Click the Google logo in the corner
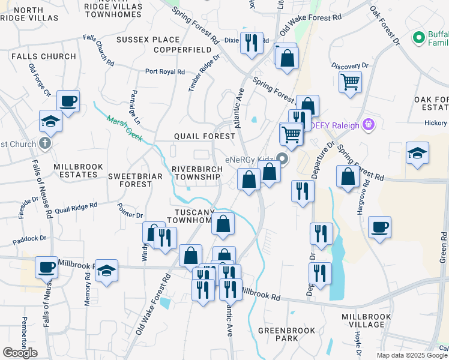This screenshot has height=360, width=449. point(20,353)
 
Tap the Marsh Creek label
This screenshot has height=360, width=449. point(124,128)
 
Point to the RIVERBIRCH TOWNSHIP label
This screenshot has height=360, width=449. point(197,173)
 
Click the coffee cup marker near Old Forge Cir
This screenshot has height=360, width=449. point(68,101)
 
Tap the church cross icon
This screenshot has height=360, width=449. point(45,143)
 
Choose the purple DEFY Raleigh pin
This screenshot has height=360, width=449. point(369,125)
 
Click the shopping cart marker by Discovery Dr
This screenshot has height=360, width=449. point(350,81)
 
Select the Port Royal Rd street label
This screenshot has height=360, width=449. point(164,71)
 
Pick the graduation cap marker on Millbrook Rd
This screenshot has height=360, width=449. point(106,271)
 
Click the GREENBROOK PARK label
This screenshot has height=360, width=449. point(279,334)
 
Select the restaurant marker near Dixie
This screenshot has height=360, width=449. point(251,43)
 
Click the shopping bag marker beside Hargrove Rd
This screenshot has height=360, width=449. point(348,176)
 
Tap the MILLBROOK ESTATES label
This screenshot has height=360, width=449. point(75,170)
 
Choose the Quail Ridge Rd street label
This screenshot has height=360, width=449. point(76,208)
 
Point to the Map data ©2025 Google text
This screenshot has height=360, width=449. point(411,355)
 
